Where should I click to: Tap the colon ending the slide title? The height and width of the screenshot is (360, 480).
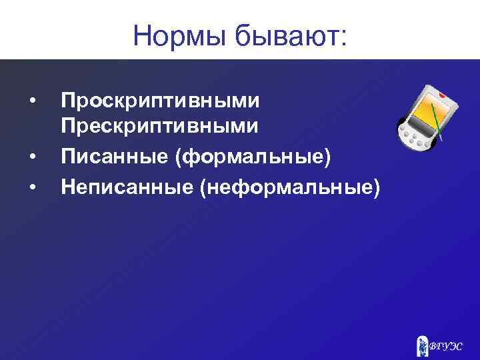point(343,37)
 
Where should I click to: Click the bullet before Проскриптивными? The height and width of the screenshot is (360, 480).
point(31,101)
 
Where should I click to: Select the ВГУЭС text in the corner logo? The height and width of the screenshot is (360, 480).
point(448,345)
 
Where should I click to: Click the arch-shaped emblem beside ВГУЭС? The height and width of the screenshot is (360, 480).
point(423,344)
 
